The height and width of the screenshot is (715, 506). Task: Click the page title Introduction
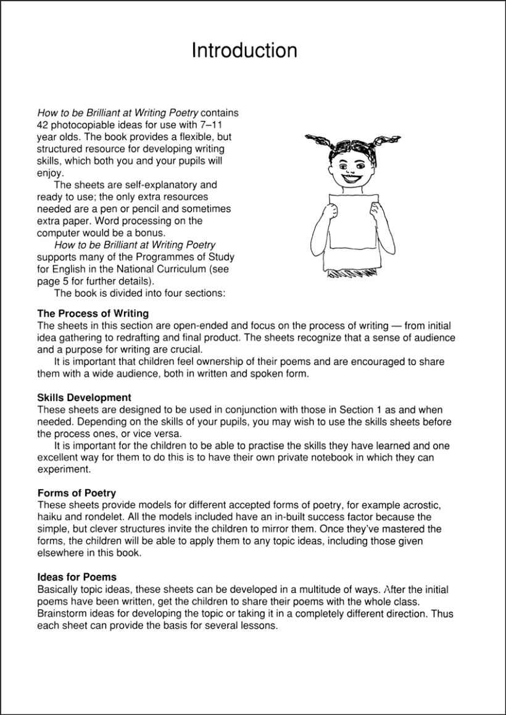244,50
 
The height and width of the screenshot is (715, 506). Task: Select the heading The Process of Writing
93,313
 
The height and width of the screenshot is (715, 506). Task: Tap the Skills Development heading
84,398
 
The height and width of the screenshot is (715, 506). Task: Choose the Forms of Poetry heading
77,493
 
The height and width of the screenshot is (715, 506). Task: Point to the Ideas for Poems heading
77,577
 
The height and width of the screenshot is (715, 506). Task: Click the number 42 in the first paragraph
43,125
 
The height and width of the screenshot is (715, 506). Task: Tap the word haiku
49,517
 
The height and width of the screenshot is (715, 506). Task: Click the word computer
57,233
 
